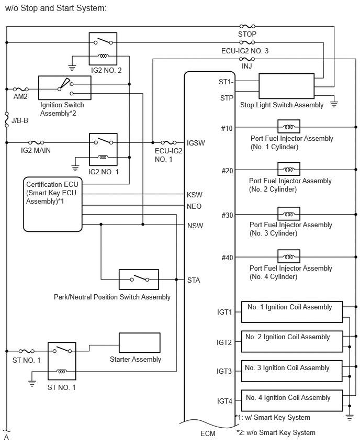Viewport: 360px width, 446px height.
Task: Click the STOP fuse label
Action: point(247,34)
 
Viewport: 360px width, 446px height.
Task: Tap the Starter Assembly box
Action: point(140,342)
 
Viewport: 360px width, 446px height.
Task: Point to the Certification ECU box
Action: point(52,204)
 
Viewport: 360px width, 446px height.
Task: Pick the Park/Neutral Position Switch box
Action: point(139,279)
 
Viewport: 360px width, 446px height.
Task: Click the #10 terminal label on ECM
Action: point(227,127)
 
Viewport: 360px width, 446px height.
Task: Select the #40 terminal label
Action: point(227,257)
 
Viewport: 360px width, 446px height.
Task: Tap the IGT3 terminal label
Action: point(224,371)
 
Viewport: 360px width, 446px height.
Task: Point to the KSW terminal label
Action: point(195,195)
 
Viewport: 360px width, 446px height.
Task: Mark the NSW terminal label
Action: point(195,226)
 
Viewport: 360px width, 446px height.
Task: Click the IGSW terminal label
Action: point(196,142)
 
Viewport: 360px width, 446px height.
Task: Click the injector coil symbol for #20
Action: point(288,170)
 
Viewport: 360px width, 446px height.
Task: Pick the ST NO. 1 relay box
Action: point(62,361)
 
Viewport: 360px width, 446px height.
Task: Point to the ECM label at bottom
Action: point(208,433)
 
